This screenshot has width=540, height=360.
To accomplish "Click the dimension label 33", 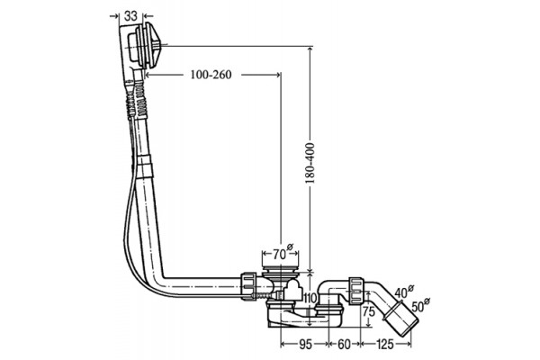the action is point(130,16).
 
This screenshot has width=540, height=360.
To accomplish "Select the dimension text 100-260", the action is point(211,75).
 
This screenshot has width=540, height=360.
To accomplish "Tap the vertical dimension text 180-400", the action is point(310,163).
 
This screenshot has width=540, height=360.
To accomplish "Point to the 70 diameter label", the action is point(283,253).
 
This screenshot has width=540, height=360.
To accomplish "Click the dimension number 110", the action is point(310,298).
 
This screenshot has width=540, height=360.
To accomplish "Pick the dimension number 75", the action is point(368,311).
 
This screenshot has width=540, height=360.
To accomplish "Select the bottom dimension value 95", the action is point(305,344).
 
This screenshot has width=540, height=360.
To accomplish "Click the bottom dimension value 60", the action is point(344,344).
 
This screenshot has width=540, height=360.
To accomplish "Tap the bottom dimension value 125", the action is point(385,344).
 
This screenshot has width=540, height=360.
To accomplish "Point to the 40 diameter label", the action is point(403,292).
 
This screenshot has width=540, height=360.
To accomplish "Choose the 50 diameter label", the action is point(419,305).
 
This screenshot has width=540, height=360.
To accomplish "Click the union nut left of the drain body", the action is point(249,286).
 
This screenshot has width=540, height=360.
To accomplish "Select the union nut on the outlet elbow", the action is point(356,291).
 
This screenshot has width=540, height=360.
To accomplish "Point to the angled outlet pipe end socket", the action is point(401,319).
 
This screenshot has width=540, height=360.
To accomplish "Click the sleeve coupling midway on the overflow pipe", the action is point(144,166).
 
